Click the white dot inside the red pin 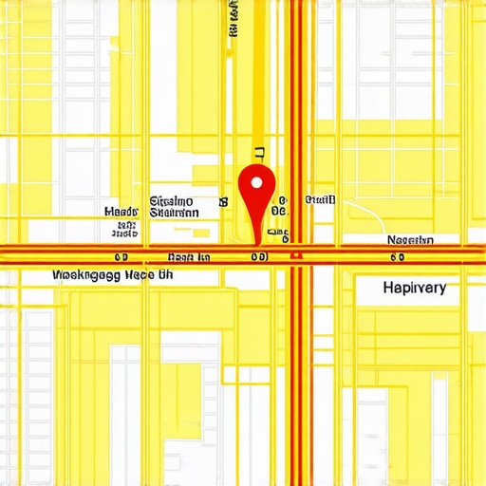coord(253,181)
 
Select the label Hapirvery coord(414,287)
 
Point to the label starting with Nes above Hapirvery coord(409,240)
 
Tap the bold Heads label coord(121,212)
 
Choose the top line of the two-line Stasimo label coord(172,201)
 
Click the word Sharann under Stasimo coord(174,214)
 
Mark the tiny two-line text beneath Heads coord(123,229)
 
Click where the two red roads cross coord(297,254)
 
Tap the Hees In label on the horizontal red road coord(189,256)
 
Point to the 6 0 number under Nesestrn coord(398,256)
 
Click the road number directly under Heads coord(121,256)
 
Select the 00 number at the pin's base coord(258,256)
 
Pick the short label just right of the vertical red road coord(320,200)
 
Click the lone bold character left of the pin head coord(224,201)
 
